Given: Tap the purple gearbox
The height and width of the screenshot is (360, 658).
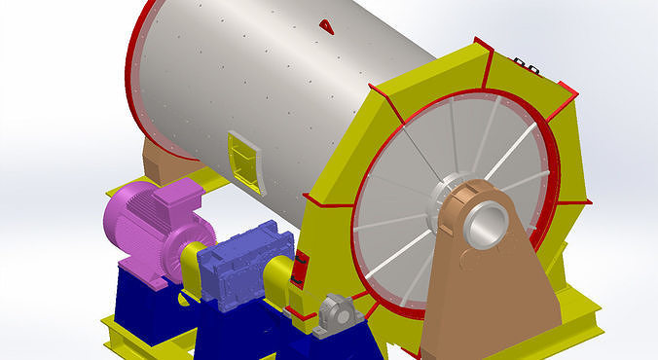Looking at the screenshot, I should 239,268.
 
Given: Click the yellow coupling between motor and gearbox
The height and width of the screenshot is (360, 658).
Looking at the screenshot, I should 193,268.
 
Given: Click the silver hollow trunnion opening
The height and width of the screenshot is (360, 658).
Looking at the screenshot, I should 484,225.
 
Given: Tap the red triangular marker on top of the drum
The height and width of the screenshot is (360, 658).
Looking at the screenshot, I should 326,26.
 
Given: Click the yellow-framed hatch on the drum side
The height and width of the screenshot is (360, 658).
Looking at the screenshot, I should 244,160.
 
